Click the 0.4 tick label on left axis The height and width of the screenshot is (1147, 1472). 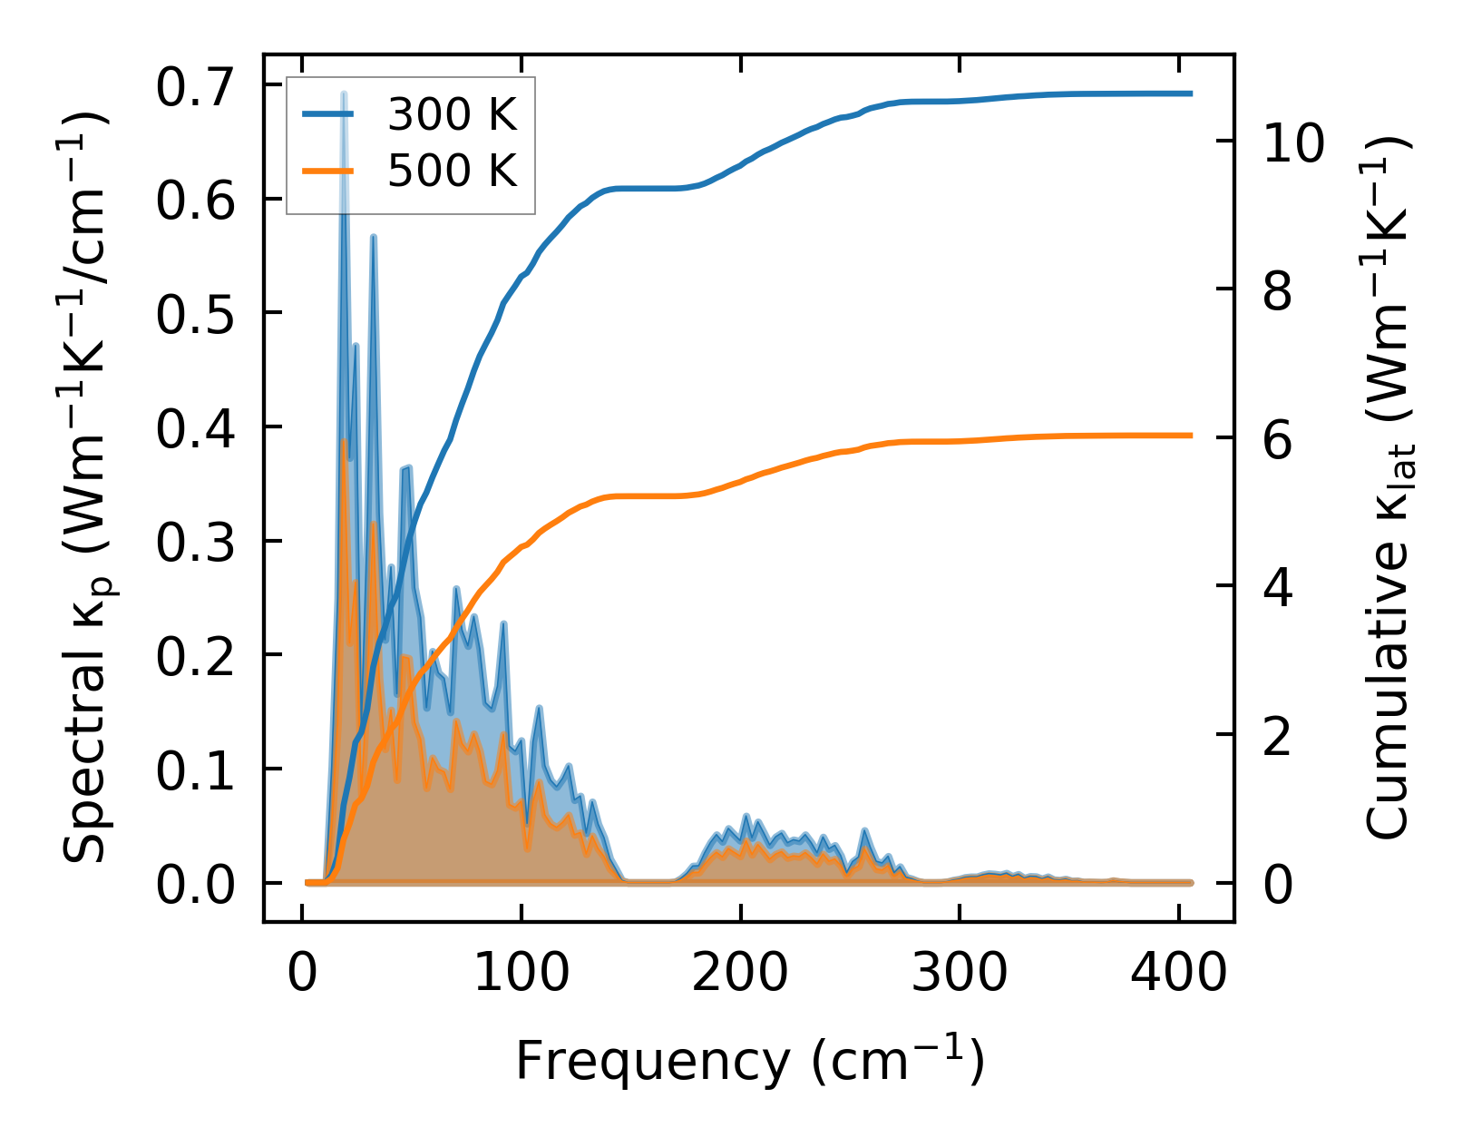pyautogui.click(x=196, y=428)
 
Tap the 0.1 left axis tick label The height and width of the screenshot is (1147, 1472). pyautogui.click(x=196, y=770)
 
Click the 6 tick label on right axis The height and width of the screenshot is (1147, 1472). pyautogui.click(x=1277, y=439)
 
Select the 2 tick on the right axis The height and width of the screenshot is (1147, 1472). pyautogui.click(x=1277, y=736)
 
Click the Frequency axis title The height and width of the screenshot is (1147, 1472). pyautogui.click(x=749, y=1061)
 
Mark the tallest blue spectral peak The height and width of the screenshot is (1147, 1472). pyautogui.click(x=344, y=93)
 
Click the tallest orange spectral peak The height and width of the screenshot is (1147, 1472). pyautogui.click(x=344, y=441)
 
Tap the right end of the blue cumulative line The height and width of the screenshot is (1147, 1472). pyautogui.click(x=1190, y=93)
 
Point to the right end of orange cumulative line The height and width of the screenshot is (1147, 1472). pyautogui.click(x=1190, y=436)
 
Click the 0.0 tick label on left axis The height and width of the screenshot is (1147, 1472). pyautogui.click(x=196, y=885)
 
